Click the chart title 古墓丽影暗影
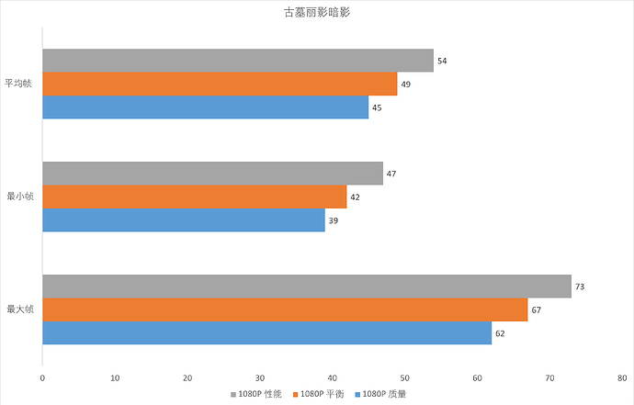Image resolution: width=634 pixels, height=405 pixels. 316,15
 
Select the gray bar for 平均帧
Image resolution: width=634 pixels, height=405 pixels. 237,61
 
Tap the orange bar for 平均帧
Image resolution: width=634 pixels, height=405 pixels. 220,84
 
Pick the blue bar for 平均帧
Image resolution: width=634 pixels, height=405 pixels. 205,107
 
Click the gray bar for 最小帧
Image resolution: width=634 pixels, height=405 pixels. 212,174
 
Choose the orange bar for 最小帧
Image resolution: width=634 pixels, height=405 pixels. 194,197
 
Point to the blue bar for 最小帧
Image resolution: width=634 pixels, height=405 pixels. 183,220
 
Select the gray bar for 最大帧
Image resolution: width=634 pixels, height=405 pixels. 306,287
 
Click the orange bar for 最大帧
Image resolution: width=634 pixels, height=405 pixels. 285,309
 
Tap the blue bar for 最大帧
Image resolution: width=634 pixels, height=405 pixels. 266,333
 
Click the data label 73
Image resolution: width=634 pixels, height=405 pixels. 580,287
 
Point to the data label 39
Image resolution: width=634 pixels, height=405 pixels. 334,220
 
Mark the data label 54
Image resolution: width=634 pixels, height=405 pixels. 442,61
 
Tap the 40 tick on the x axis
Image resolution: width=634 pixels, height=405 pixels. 333,377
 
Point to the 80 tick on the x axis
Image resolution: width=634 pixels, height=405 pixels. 623,377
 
